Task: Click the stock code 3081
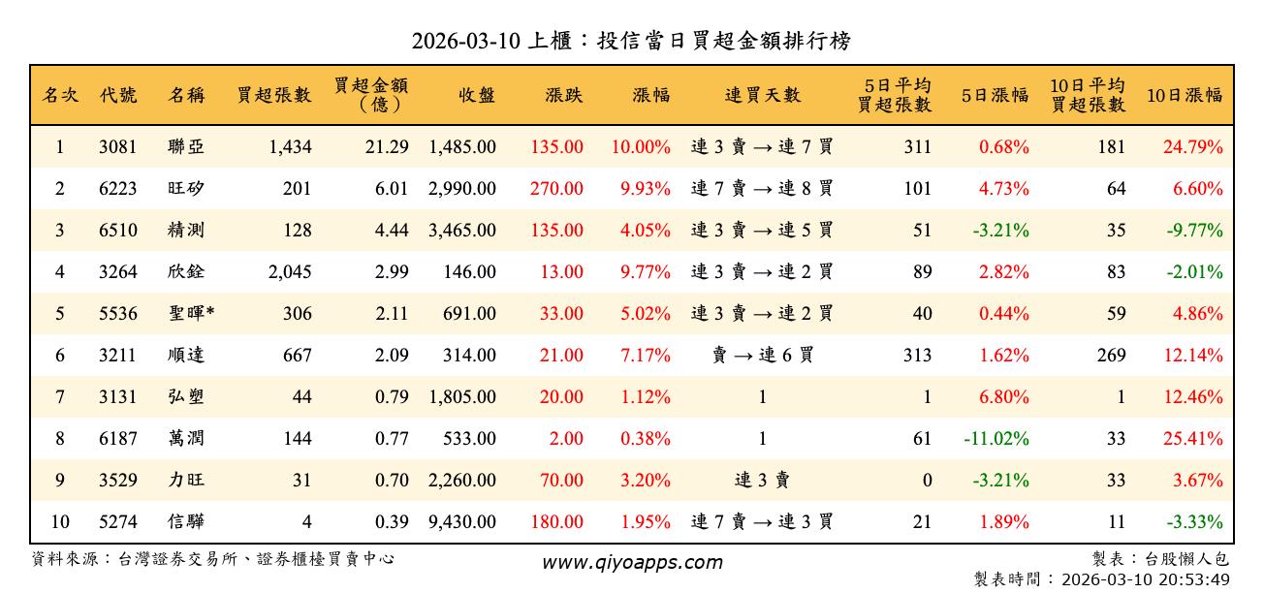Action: (x=118, y=147)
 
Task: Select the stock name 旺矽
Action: (x=186, y=189)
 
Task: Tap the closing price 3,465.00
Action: (x=462, y=231)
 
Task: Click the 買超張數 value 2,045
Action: (x=290, y=272)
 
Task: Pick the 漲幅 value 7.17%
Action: (x=645, y=356)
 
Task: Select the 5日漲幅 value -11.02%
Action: (x=996, y=439)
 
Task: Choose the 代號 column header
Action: (x=118, y=95)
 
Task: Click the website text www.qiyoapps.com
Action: (x=632, y=563)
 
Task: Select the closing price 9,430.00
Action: (x=462, y=522)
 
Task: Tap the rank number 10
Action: (x=60, y=522)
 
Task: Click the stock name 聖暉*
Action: (x=191, y=314)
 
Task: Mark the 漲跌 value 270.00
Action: (x=556, y=189)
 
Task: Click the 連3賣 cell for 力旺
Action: (x=763, y=481)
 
